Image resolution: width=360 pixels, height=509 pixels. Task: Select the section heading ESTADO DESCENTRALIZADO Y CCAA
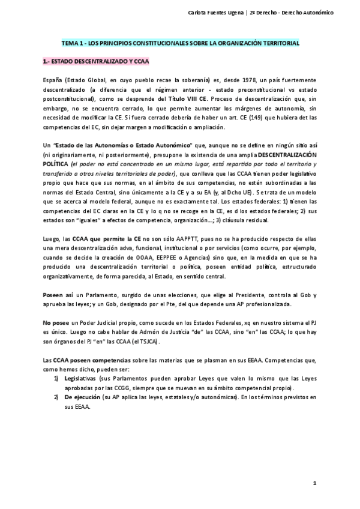point(97,61)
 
